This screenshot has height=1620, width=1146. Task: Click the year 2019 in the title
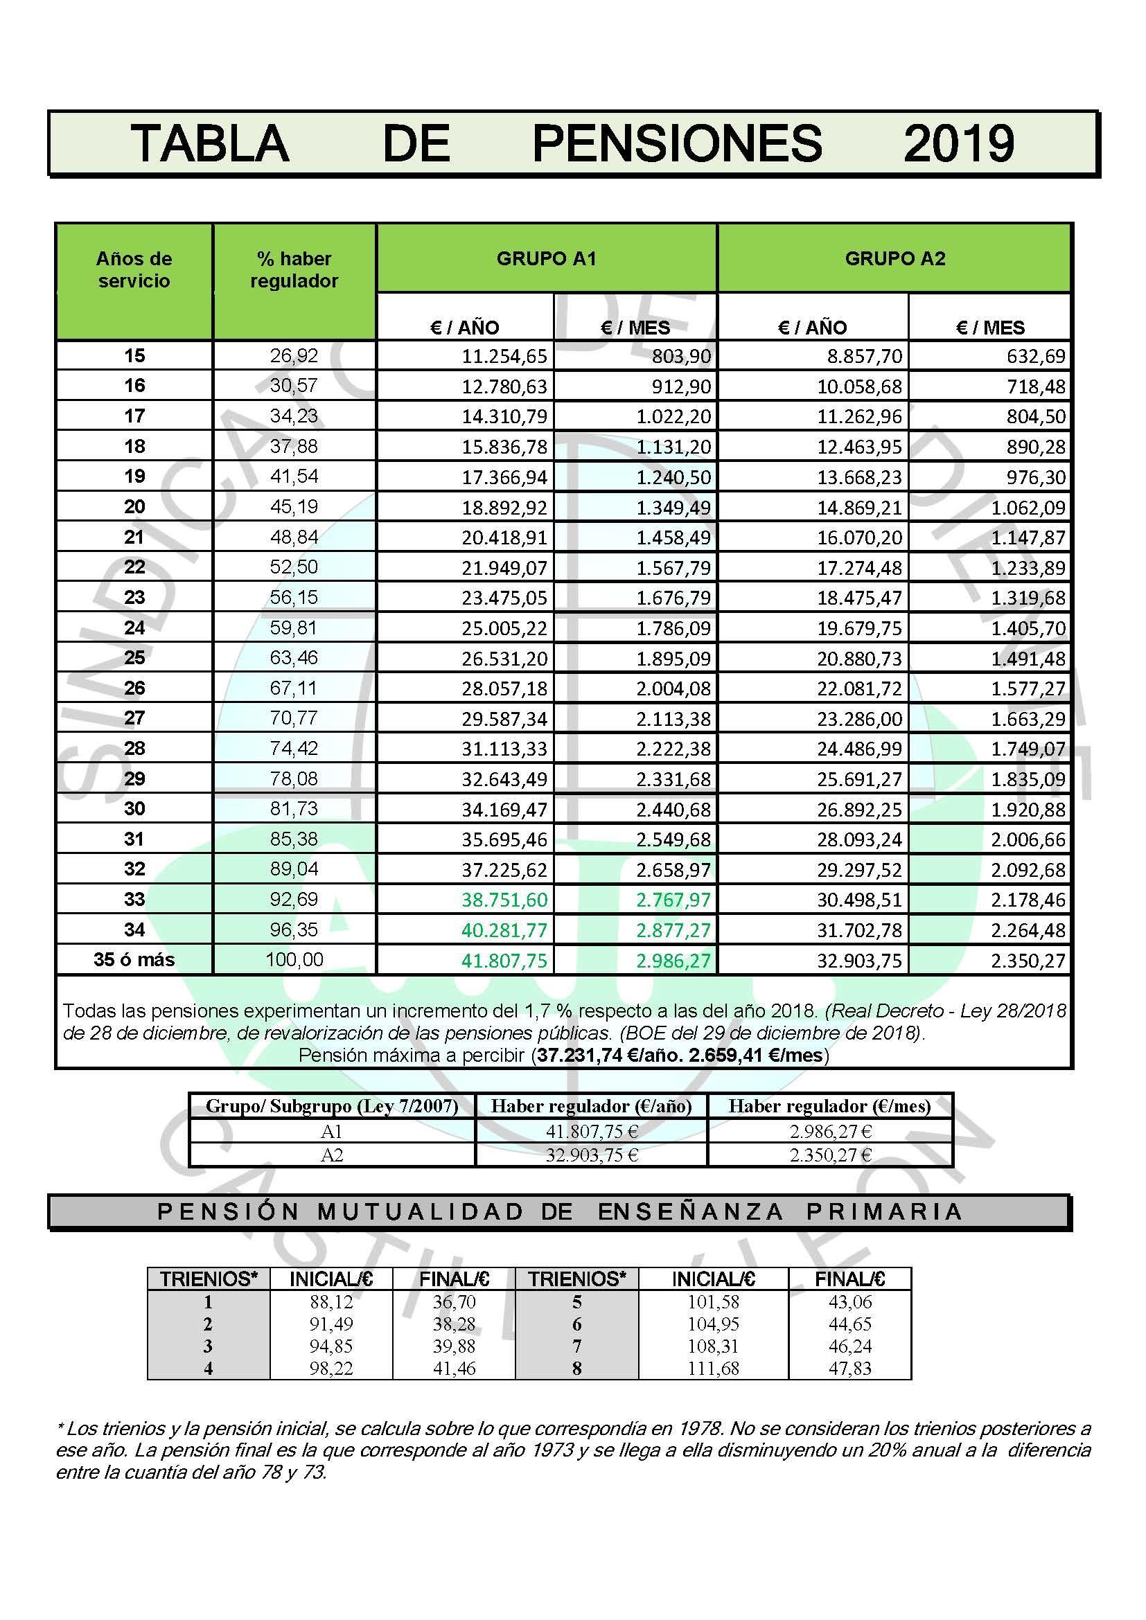[x=958, y=143]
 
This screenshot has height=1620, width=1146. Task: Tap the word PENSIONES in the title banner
[x=677, y=143]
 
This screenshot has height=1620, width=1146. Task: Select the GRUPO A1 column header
[x=546, y=258]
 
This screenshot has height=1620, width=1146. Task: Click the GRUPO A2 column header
[x=894, y=258]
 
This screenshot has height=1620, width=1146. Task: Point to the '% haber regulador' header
[x=294, y=269]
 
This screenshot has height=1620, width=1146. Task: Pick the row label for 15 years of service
[x=134, y=355]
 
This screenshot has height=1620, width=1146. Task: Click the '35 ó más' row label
[x=134, y=959]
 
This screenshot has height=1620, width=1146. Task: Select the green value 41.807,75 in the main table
[x=504, y=960]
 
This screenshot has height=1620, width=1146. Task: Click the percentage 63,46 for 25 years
[x=294, y=657]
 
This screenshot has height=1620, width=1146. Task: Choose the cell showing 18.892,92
[x=504, y=507]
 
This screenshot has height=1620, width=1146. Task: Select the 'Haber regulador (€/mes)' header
[x=829, y=1106]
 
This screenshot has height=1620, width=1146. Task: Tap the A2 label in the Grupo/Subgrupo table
[x=331, y=1155]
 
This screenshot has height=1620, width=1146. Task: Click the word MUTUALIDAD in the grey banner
[x=421, y=1212]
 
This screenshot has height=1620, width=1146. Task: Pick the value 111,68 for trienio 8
[x=713, y=1368]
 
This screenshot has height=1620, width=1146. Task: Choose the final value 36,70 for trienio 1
[x=454, y=1302]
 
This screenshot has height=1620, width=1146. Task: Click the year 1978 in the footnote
[x=699, y=1429]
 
